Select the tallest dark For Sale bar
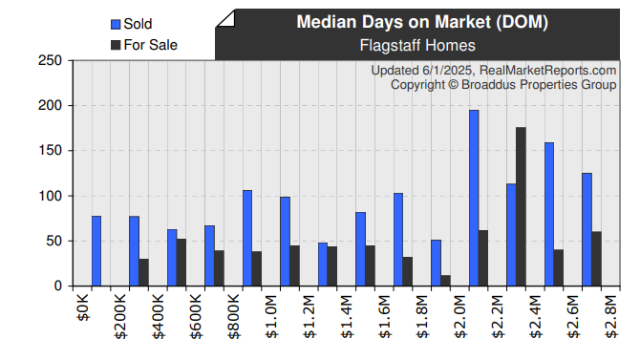coord(521,206)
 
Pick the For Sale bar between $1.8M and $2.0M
coord(445,281)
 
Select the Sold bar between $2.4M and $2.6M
coord(549,214)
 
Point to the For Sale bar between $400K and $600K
coord(181,263)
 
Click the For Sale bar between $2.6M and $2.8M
coord(596,259)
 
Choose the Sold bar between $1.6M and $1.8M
coord(398,240)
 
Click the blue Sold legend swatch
coord(116,24)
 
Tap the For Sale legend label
coord(150,44)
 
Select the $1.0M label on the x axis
coord(270,318)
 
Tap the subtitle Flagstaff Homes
coord(417,45)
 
